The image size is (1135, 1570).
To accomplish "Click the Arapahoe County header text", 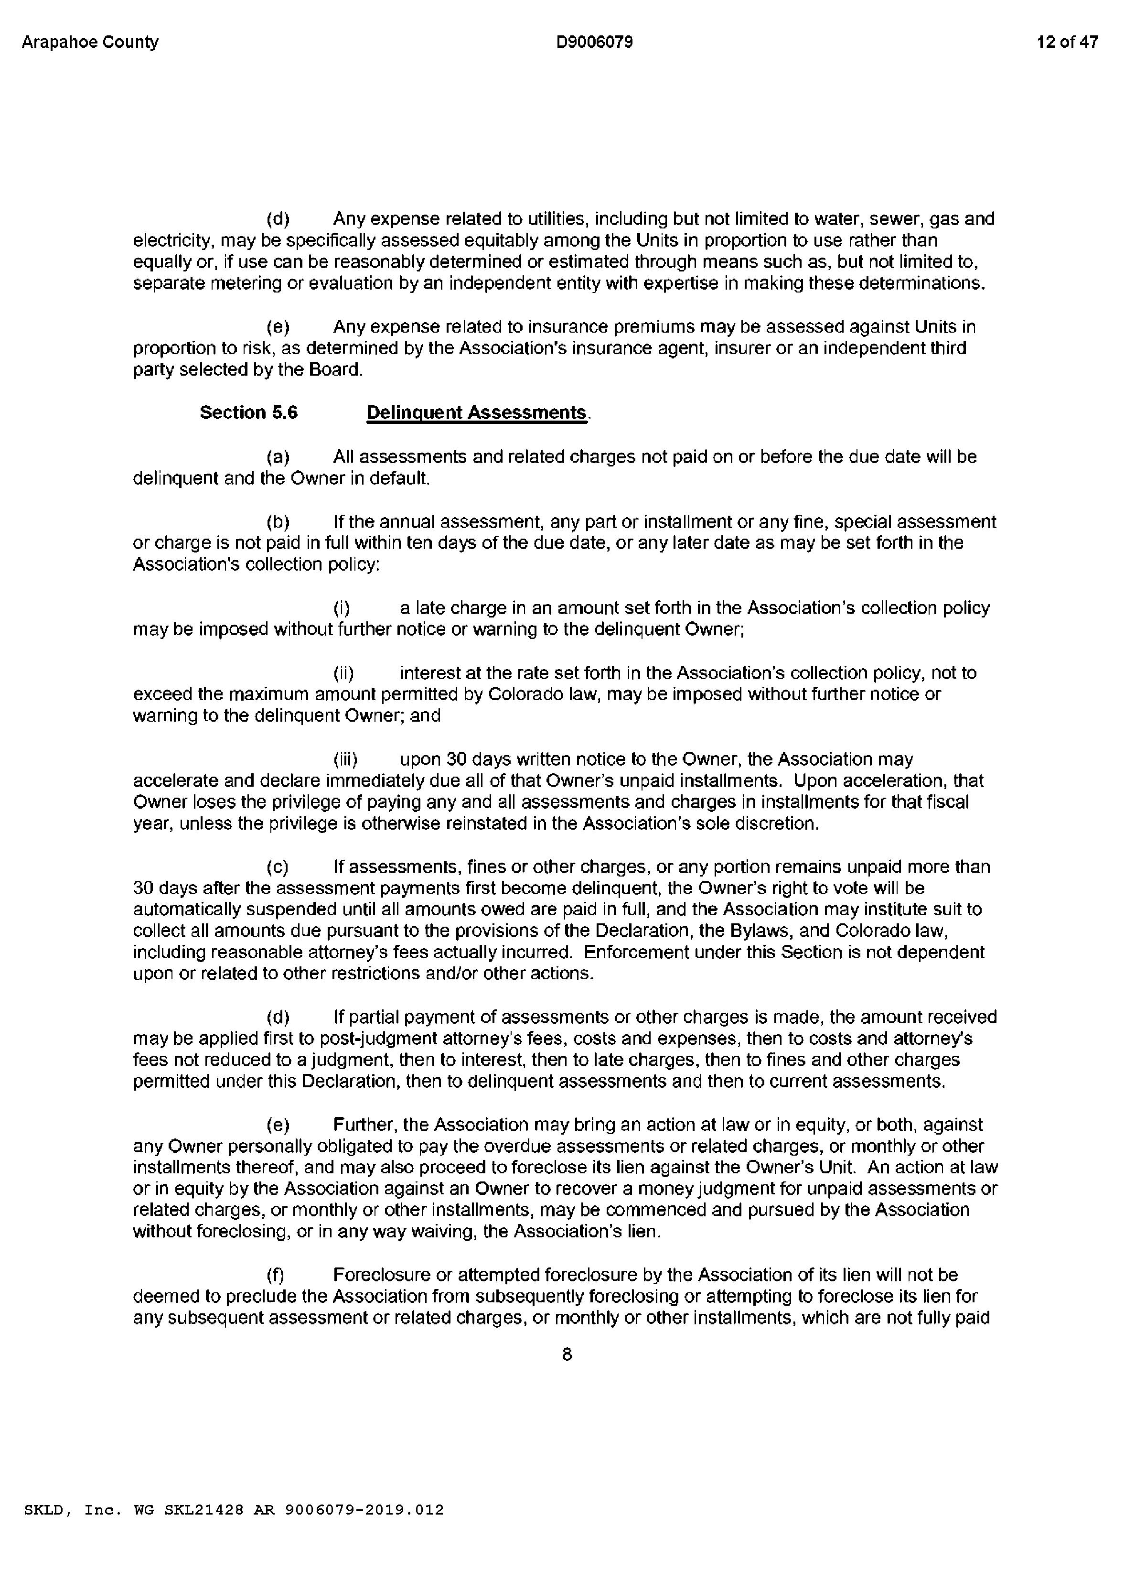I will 90,42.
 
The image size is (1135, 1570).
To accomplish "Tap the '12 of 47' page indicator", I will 1067,42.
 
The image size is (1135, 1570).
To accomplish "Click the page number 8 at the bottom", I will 567,1355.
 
